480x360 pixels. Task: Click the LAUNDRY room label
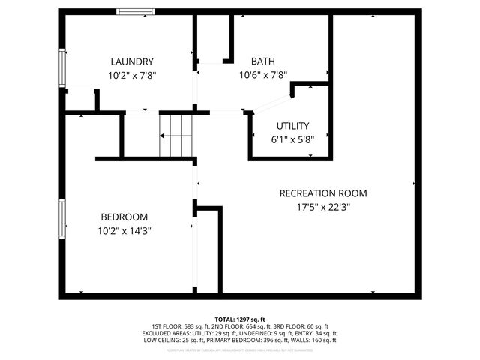(132, 61)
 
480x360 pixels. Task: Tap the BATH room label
(262, 61)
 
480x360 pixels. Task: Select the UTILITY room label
(292, 126)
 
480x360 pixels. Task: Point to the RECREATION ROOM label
(323, 193)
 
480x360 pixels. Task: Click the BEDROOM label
(123, 217)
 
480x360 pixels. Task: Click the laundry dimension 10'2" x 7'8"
(132, 75)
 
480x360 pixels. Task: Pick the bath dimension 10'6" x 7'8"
(263, 75)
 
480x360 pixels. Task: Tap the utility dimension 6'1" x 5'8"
(292, 139)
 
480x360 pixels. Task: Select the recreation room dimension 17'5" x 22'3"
(323, 207)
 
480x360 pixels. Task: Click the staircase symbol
(177, 135)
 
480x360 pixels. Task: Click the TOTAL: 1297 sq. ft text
(240, 319)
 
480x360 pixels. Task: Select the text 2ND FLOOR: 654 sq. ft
(236, 326)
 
